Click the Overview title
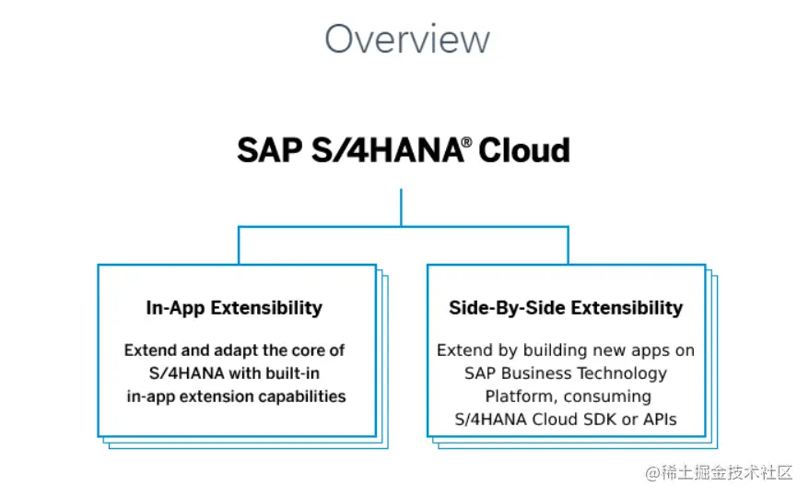407,40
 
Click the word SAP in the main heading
269,150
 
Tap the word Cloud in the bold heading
524,150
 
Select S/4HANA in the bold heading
388,150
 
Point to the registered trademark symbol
466,141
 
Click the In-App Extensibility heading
234,308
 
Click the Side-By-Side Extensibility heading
566,308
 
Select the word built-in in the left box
296,373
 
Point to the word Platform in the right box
521,397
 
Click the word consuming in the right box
607,397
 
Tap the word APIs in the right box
660,420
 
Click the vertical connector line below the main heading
401,207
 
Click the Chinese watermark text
719,472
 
